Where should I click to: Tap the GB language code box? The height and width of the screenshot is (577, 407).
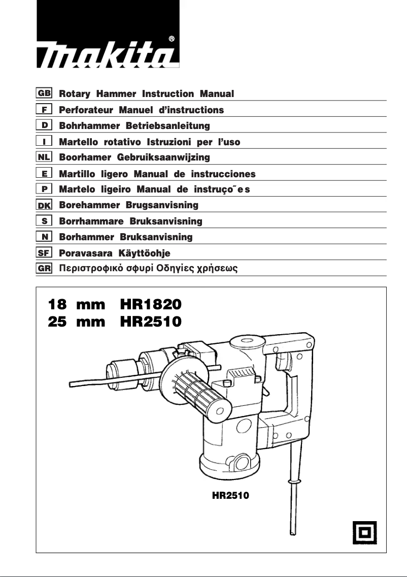tap(44, 94)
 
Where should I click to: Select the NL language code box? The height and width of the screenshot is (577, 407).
tap(44, 157)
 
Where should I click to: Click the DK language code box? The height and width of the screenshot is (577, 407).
tap(44, 205)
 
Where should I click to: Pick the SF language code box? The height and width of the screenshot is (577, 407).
tap(44, 252)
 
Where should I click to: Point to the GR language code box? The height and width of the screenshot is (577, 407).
tap(44, 268)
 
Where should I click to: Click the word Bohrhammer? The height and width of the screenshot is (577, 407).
tap(84, 125)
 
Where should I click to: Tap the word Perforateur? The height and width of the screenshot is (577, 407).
tap(85, 110)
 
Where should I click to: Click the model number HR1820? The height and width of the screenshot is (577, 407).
tap(150, 305)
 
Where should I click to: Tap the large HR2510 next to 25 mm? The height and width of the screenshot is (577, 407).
tap(150, 322)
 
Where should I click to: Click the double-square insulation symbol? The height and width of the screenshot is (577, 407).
tap(364, 532)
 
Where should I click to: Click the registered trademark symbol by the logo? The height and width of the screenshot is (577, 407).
tap(172, 39)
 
